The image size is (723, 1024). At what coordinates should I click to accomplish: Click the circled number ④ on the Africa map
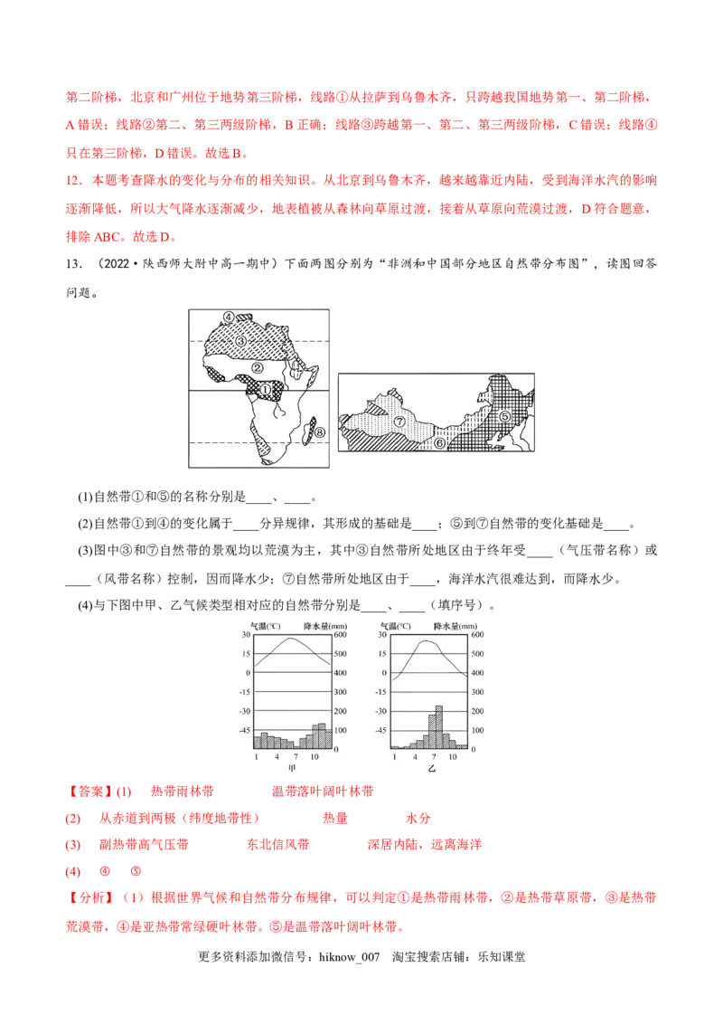point(230,318)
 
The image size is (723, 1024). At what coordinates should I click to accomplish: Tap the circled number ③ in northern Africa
point(240,341)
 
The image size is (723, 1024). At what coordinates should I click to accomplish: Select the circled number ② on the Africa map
point(258,368)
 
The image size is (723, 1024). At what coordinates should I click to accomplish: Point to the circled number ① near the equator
point(266,388)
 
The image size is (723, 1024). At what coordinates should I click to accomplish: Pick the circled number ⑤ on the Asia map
point(505,416)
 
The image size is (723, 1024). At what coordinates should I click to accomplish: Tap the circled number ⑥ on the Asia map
point(439,443)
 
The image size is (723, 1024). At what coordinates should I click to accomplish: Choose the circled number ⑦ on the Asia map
point(400,422)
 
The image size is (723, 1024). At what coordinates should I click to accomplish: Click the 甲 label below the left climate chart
point(291,767)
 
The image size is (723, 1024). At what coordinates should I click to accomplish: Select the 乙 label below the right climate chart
point(431,767)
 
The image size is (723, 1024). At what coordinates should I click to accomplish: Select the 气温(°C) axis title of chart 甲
point(258,623)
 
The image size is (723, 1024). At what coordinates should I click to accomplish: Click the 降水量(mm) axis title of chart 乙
point(454,623)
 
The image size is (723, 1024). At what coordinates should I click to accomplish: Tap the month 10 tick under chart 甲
point(314,755)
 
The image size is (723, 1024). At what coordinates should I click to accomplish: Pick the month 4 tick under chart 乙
point(414,755)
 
